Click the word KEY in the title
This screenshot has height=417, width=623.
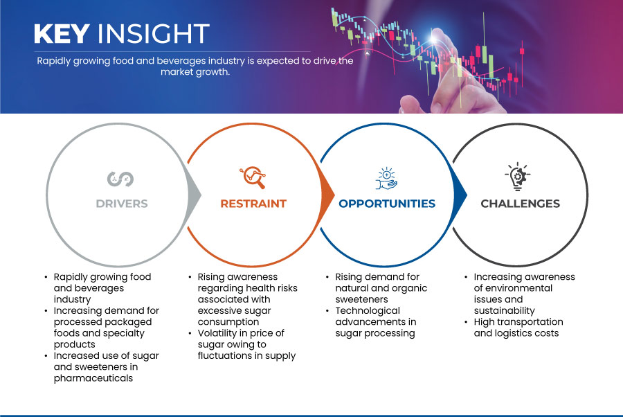(62, 33)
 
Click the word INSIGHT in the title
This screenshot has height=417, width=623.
(154, 33)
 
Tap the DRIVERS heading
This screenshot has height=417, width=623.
(122, 204)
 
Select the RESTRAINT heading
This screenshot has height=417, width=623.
(253, 204)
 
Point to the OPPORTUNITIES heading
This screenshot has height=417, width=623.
(387, 204)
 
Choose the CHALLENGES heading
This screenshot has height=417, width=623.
(520, 204)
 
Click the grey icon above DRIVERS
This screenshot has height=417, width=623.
(120, 179)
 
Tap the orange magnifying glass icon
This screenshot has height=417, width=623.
(253, 177)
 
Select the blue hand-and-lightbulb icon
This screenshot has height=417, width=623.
(386, 179)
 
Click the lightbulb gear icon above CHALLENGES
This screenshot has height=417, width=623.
(518, 177)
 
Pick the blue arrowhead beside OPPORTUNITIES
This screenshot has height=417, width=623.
(460, 195)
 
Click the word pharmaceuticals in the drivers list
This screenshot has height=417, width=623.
(93, 378)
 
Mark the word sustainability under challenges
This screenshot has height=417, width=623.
(504, 310)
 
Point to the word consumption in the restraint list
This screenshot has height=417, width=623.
(228, 322)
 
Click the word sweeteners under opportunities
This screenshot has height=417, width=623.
(361, 299)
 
